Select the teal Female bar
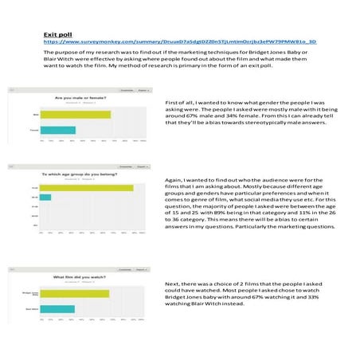57,130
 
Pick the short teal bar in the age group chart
45,198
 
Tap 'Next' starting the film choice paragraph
171,284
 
